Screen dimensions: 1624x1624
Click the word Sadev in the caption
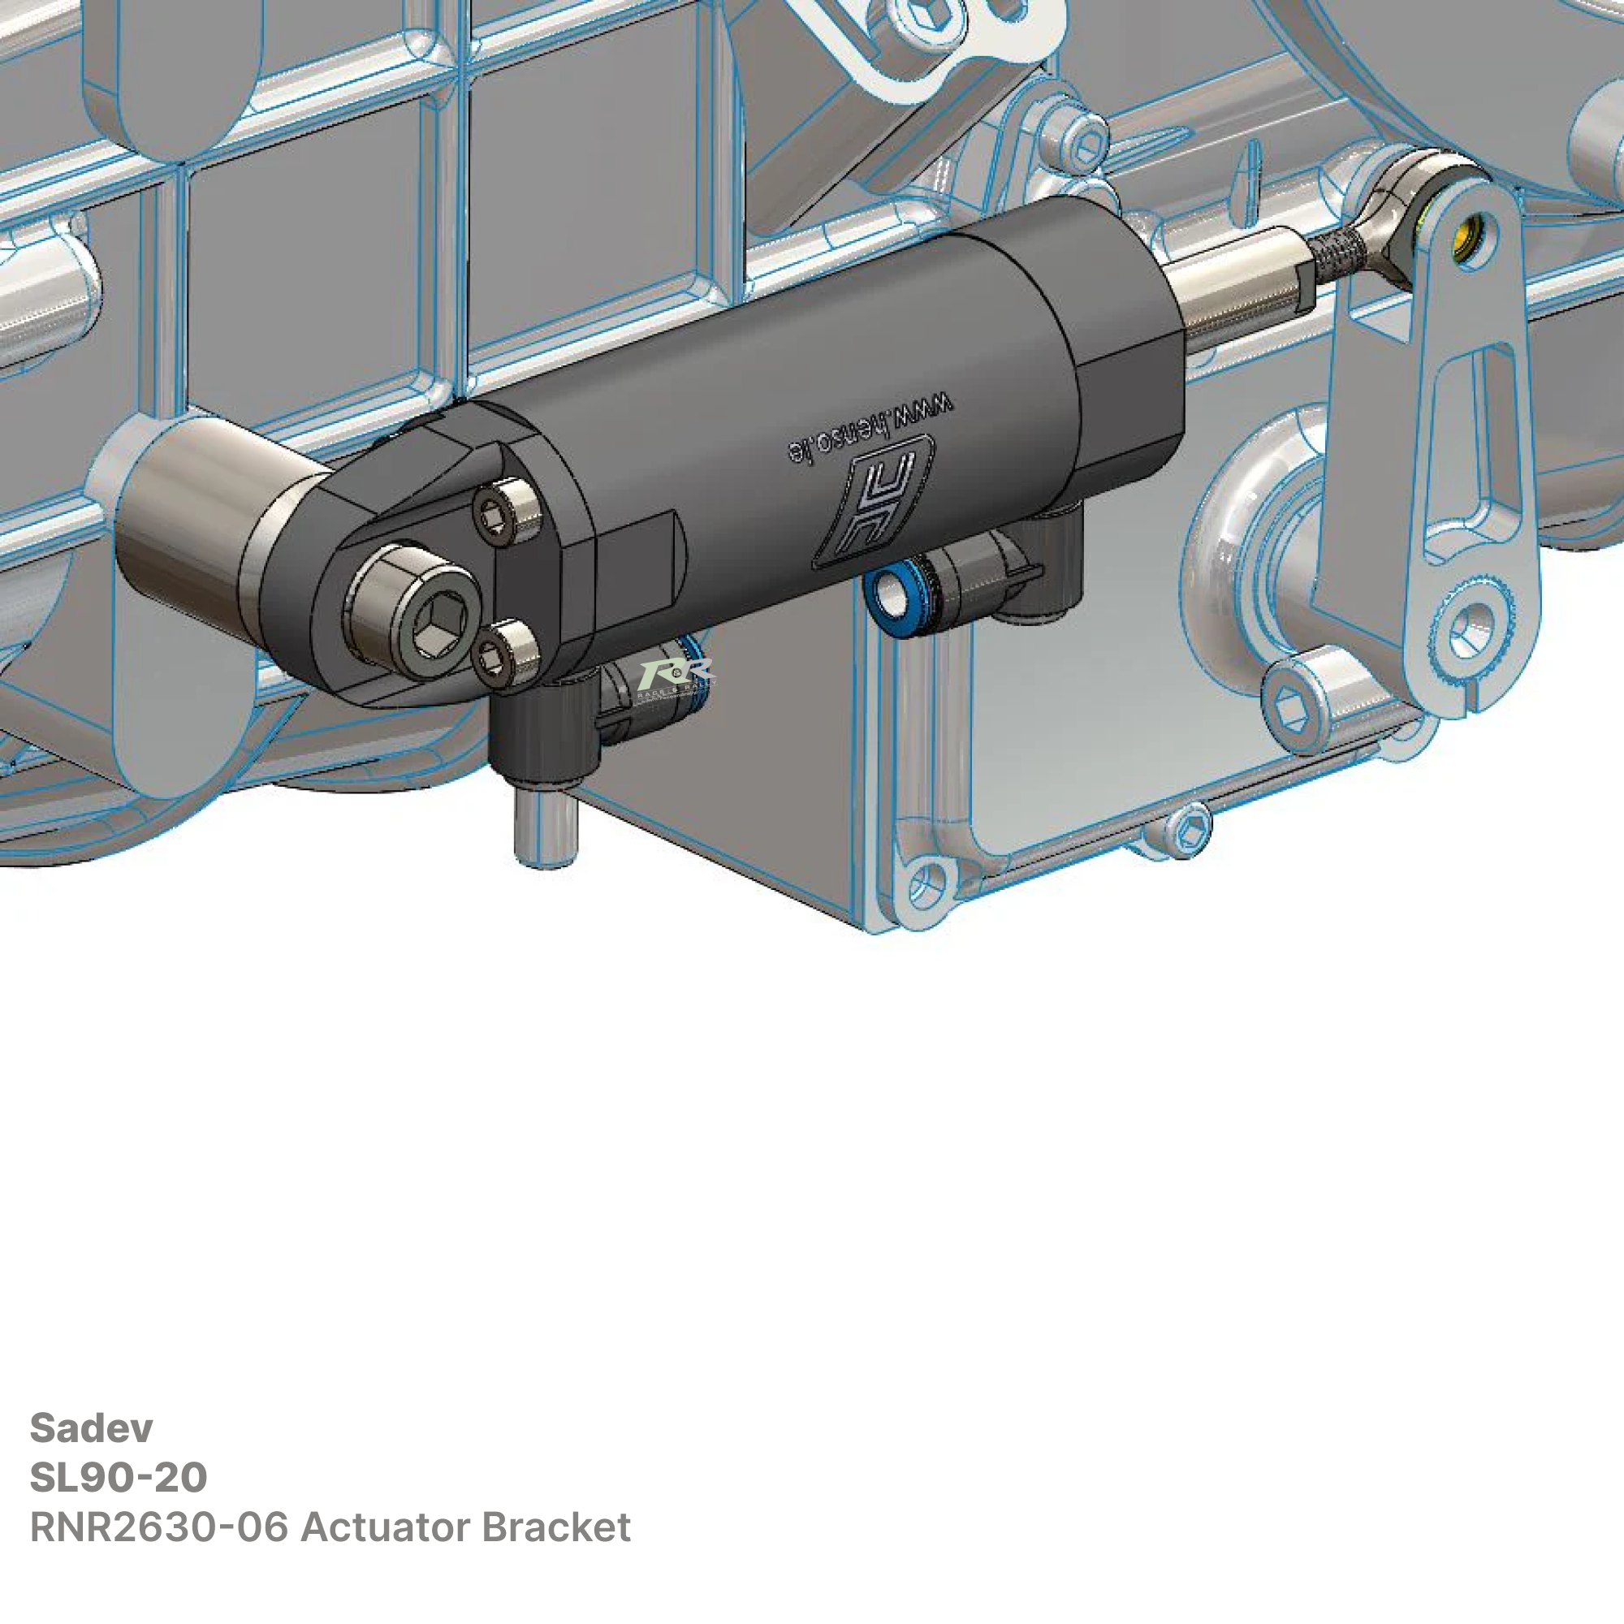(x=91, y=1428)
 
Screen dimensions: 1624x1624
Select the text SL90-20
(x=118, y=1478)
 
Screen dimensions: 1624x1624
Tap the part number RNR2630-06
(x=160, y=1527)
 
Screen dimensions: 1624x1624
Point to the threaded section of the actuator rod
(x=1341, y=252)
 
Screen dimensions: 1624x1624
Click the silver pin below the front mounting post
(x=545, y=827)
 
